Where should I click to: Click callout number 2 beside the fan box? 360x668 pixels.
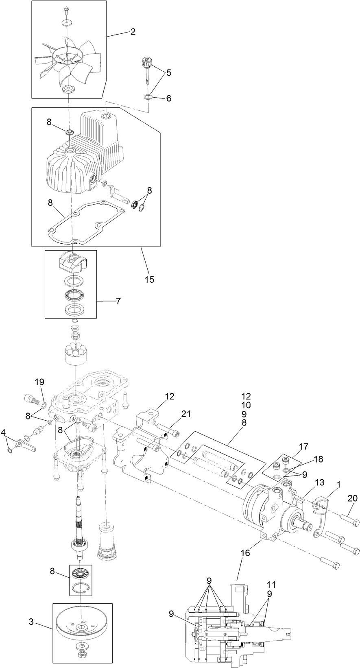click(x=133, y=32)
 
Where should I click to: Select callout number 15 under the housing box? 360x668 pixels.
click(x=149, y=280)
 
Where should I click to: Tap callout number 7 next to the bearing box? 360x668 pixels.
click(x=118, y=301)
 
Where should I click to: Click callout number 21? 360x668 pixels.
click(x=186, y=414)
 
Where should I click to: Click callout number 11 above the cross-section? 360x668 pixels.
click(x=271, y=585)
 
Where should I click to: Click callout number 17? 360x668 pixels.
click(x=304, y=447)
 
